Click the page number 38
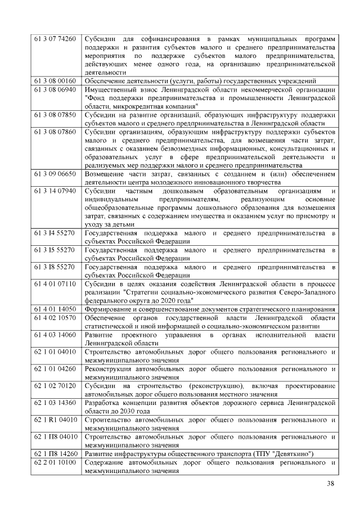331,485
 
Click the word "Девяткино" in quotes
290,453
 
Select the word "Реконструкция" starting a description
110,368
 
